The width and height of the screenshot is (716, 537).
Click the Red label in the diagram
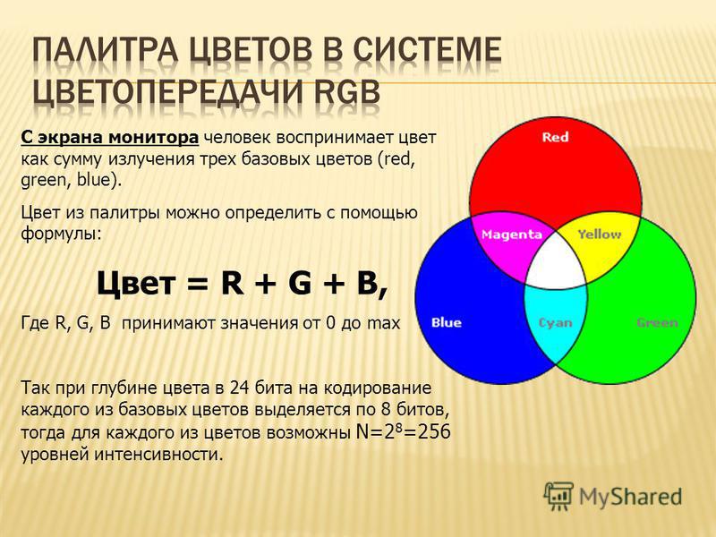pos(555,137)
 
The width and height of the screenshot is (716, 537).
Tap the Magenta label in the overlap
pos(511,234)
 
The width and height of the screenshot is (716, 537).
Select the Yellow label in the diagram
pos(599,234)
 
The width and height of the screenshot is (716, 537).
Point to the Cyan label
pos(555,323)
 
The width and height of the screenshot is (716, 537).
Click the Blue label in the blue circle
pos(446,323)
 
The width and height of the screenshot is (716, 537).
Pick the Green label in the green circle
pos(657,323)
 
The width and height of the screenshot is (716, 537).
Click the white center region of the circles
pos(556,262)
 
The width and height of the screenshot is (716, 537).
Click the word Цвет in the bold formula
pos(136,283)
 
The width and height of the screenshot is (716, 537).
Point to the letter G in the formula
pos(300,283)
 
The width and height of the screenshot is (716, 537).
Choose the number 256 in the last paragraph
pos(434,431)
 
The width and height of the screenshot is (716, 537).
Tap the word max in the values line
pos(384,323)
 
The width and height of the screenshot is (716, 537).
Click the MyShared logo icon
pos(558,496)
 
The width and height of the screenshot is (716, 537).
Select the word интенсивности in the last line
pos(158,454)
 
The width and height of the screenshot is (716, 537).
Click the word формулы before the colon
pos(58,234)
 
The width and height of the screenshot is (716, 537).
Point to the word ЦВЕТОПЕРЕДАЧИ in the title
pos(166,91)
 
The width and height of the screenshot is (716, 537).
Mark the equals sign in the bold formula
pos(198,284)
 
